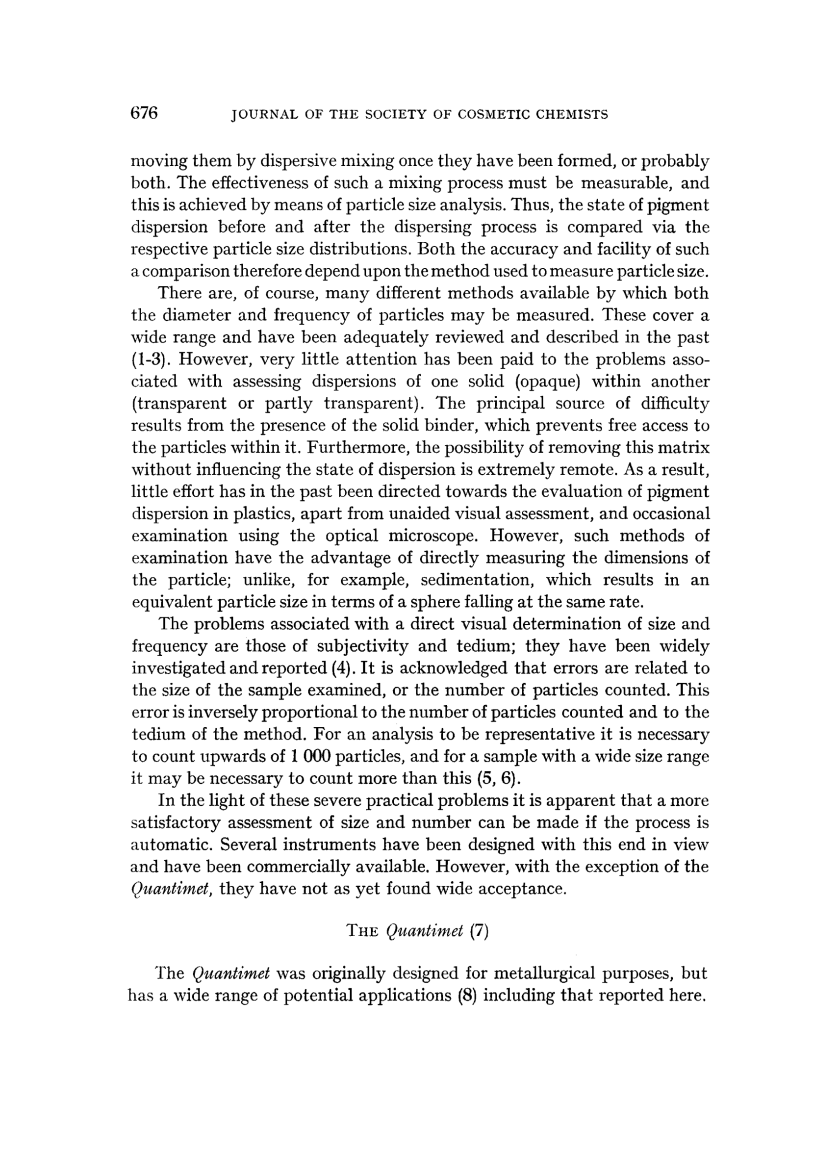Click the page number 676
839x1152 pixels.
point(145,113)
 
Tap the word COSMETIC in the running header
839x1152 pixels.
point(494,115)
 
